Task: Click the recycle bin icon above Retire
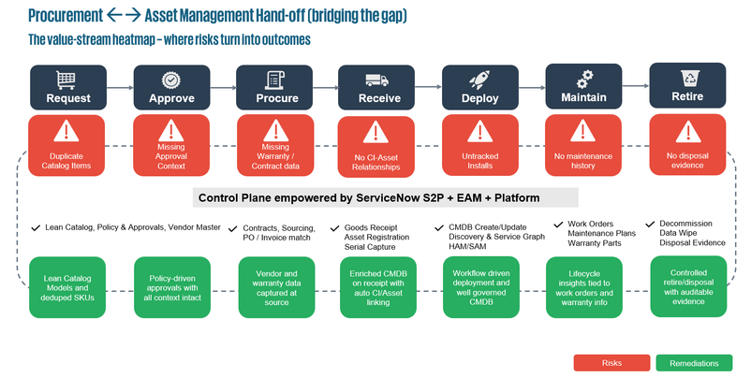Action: coord(685,79)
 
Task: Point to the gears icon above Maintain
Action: coord(582,79)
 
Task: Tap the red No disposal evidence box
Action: coord(685,145)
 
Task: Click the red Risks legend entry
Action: coord(611,360)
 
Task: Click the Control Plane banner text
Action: coord(386,197)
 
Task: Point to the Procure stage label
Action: coord(272,98)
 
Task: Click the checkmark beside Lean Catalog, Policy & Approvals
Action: coord(36,227)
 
